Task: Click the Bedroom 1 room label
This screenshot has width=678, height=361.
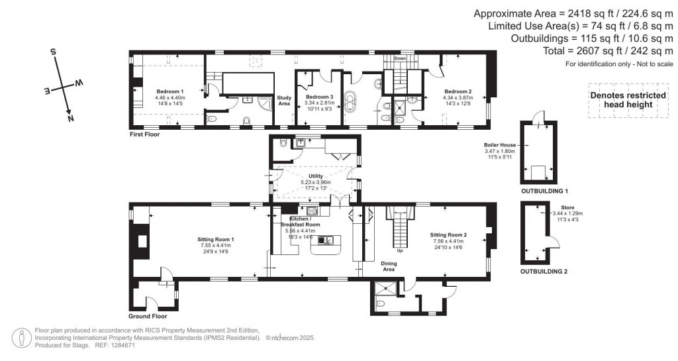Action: (x=170, y=91)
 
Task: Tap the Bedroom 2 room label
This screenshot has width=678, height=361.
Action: (x=458, y=91)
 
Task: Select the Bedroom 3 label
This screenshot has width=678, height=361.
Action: (x=318, y=97)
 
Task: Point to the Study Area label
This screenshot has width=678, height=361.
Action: (x=284, y=101)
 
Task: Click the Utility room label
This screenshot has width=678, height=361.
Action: (x=315, y=176)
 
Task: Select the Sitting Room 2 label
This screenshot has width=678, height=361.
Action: (x=448, y=235)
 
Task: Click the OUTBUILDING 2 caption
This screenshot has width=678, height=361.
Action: (x=544, y=272)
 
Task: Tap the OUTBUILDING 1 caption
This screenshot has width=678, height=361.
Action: (x=544, y=191)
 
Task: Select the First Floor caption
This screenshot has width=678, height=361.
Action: (x=145, y=134)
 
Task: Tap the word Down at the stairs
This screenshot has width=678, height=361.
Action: (x=400, y=58)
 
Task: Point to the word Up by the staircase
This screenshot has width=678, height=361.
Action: (x=399, y=251)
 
